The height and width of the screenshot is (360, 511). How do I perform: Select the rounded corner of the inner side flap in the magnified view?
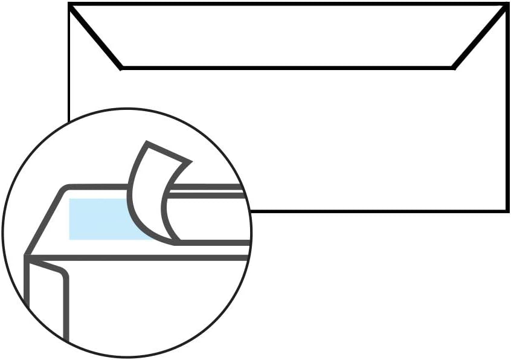click(x=63, y=274)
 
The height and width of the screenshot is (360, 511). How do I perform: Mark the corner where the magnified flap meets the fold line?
click(x=27, y=256)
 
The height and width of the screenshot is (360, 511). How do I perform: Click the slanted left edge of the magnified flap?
click(x=45, y=220)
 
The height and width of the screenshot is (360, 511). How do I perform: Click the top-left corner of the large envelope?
click(x=70, y=5)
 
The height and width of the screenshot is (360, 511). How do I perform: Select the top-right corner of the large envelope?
click(x=506, y=5)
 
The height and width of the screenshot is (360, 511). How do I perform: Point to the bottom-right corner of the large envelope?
click(x=506, y=210)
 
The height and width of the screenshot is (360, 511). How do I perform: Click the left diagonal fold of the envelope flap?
click(x=95, y=36)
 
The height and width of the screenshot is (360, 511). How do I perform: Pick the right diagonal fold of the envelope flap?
click(x=480, y=36)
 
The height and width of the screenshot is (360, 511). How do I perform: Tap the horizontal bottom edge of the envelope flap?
click(x=287, y=68)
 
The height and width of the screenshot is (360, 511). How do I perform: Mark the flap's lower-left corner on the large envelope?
click(x=121, y=68)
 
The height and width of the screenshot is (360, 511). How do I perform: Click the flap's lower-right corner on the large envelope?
click(x=453, y=68)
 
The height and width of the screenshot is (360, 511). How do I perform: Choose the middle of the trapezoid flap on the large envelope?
click(x=287, y=36)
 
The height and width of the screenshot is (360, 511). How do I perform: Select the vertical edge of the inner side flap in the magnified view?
click(x=66, y=308)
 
